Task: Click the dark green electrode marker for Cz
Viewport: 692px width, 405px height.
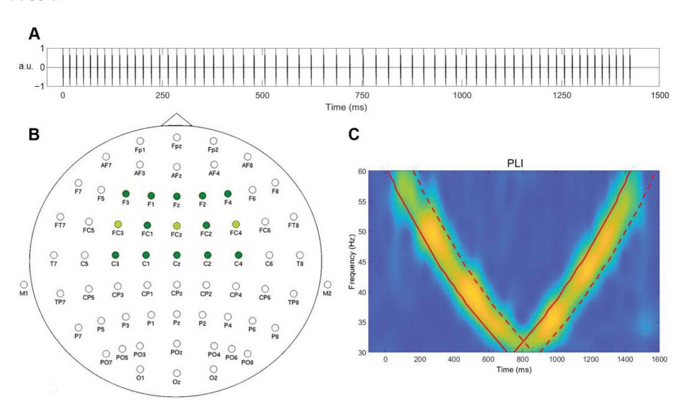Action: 177,255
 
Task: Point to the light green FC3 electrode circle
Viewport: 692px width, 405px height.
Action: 118,224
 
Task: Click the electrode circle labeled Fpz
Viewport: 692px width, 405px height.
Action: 177,137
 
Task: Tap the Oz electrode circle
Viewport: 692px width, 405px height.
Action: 177,373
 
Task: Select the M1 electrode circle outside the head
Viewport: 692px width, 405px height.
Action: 24,284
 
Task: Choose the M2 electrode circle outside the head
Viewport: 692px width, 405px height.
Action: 327,284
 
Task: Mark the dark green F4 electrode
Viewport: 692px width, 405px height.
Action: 228,193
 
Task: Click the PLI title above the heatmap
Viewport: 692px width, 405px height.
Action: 522,163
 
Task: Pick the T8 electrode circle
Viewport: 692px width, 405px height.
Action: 299,255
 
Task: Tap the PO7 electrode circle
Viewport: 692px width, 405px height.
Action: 106,354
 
